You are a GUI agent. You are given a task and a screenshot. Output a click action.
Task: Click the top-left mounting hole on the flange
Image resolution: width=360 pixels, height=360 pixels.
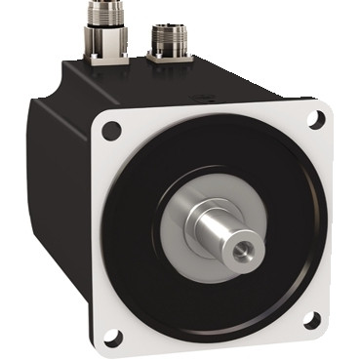(x=110, y=129)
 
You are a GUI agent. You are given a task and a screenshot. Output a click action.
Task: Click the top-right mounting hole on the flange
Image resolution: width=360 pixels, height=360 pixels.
(x=315, y=119)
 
